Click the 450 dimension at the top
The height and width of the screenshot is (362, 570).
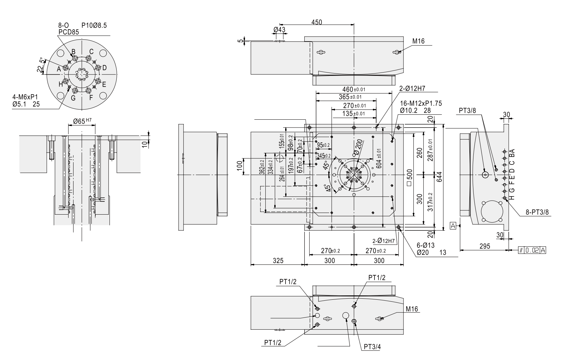(x=316, y=22)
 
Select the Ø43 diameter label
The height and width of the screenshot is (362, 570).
(x=279, y=29)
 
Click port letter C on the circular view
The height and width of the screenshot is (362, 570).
(x=91, y=51)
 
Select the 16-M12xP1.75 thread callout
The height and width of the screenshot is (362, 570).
(x=421, y=104)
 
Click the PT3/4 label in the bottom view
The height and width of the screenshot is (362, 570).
(x=372, y=347)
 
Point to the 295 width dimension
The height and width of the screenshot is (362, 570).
(x=484, y=246)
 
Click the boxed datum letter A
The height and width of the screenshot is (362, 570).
(x=453, y=226)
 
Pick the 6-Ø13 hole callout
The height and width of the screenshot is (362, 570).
(x=426, y=245)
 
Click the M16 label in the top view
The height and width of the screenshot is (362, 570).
(x=418, y=41)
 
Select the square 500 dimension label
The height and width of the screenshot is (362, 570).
(x=409, y=178)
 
